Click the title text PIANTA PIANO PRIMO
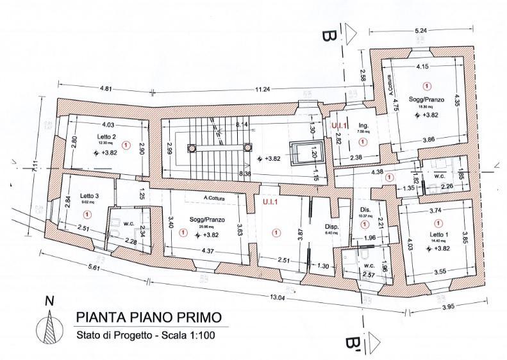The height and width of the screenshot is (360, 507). click(149, 317)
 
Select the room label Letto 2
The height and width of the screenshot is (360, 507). click(107, 136)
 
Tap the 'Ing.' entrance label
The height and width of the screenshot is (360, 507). click(362, 126)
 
